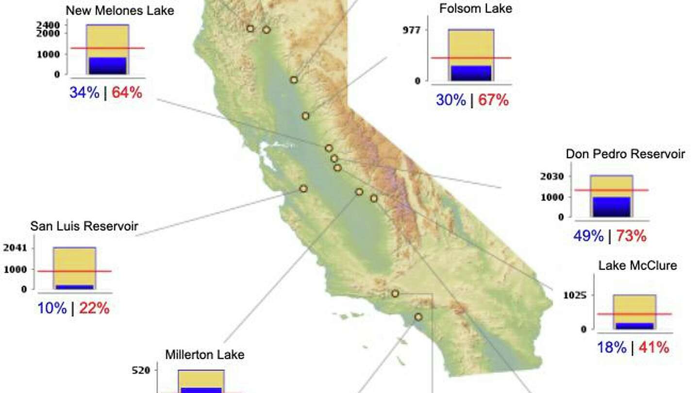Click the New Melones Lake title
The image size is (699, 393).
119,10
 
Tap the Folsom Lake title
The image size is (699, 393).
475,8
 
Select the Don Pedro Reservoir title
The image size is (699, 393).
625,154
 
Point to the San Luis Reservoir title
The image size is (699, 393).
84,226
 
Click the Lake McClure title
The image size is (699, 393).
637,265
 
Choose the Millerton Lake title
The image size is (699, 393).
204,355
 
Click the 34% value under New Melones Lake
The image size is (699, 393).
84,92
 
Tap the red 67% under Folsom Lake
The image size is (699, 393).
494,100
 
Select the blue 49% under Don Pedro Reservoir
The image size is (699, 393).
588,236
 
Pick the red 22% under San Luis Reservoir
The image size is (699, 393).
94,308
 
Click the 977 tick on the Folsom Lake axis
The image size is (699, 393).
411,30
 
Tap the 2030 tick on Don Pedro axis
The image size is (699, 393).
552,176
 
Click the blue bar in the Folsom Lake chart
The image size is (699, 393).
471,73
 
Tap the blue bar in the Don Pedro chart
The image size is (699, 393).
611,207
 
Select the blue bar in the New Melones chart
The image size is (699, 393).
107,65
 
